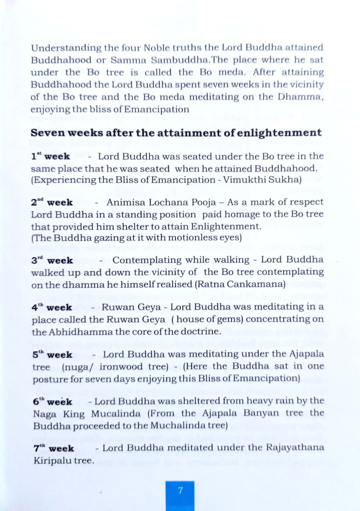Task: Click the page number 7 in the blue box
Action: click(x=180, y=490)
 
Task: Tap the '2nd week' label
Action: click(x=52, y=202)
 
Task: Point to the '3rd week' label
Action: click(x=52, y=261)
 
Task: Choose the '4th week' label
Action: click(x=52, y=308)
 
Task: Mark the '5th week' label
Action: click(x=52, y=355)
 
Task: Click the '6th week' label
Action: click(x=52, y=402)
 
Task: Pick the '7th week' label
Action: click(x=54, y=449)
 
